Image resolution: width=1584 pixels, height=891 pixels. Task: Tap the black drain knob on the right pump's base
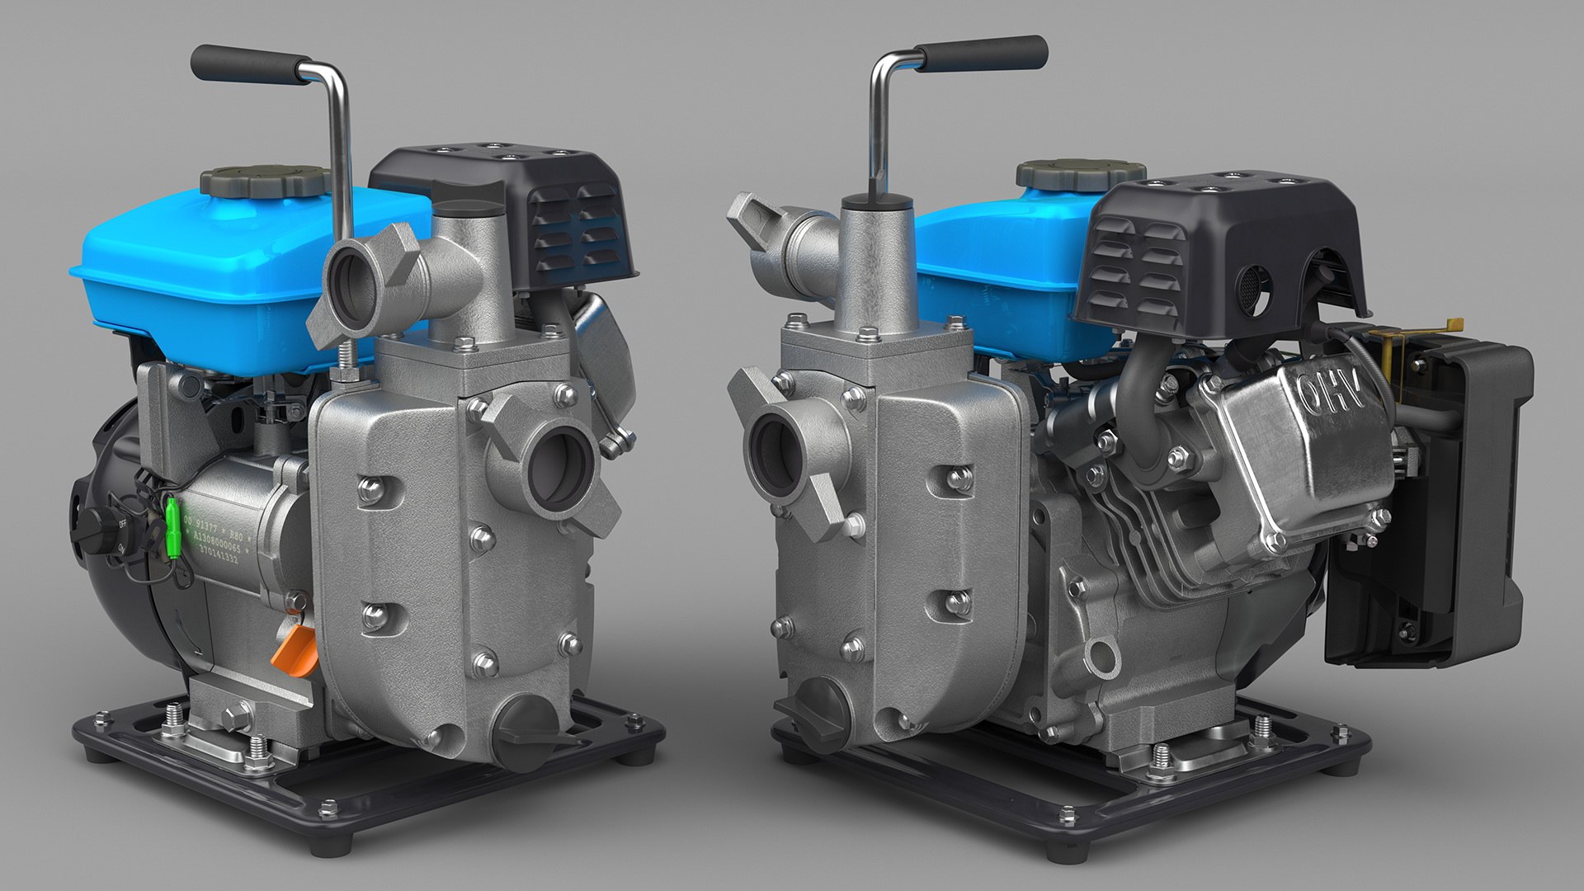coord(816,709)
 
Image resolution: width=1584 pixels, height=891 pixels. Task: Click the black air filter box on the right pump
coord(1435,503)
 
